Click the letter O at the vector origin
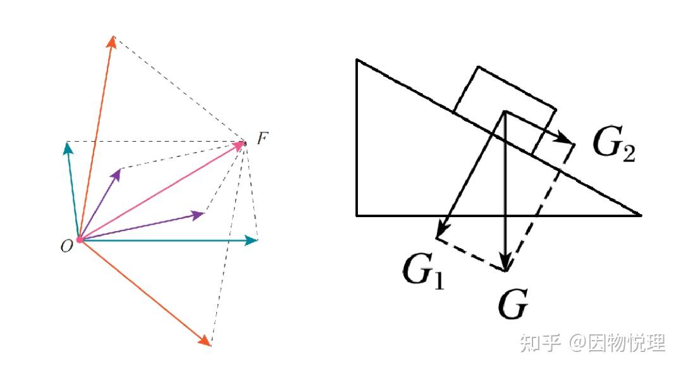tap(66, 247)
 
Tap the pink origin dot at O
tap(80, 239)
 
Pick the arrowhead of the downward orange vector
tap(206, 341)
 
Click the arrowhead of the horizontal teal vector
tap(252, 240)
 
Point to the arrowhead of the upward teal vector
tap(66, 148)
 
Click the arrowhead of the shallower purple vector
tap(199, 215)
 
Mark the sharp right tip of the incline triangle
tap(640, 215)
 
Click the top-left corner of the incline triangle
tap(357, 60)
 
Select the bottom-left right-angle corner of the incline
tap(357, 215)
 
